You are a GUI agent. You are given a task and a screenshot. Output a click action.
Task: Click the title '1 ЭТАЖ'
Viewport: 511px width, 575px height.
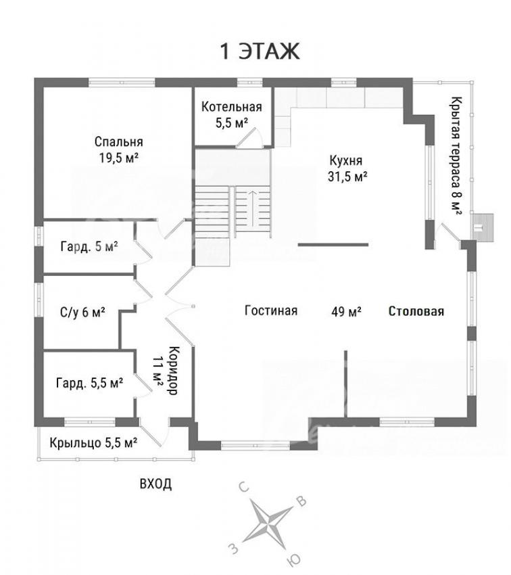[x=260, y=51]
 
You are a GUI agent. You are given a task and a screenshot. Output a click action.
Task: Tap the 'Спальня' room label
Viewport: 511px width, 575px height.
[x=118, y=141]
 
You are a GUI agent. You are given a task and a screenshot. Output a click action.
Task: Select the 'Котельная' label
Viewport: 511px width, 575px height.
[x=232, y=107]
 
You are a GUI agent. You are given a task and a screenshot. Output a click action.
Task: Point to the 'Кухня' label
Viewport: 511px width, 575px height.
[x=346, y=160]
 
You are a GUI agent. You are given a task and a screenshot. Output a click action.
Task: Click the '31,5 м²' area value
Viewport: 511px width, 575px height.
[x=347, y=177]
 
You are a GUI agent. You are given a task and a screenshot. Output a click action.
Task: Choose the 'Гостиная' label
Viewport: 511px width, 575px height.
[x=271, y=310]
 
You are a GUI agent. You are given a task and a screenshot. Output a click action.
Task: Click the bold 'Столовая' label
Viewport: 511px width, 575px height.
[x=416, y=311]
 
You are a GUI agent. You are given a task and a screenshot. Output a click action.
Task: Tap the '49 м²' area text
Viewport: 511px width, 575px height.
[x=346, y=311]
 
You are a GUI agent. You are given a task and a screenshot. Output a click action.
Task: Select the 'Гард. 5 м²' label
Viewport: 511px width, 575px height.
[x=89, y=246]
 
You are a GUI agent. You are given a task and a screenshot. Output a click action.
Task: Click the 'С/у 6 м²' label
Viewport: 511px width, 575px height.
[x=82, y=313]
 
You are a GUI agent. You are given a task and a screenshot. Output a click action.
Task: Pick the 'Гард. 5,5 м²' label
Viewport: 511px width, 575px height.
[x=89, y=383]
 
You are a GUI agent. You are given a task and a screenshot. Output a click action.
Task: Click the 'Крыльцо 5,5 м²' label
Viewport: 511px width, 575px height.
[x=93, y=442]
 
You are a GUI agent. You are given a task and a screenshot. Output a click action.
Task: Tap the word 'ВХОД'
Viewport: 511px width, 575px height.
[x=155, y=484]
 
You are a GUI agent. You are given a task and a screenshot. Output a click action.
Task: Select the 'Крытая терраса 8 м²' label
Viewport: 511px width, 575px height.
[x=456, y=156]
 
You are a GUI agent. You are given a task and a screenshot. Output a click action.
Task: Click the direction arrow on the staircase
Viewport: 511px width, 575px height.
[x=253, y=208]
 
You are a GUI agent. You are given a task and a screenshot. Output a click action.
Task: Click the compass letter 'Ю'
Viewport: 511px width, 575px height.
[x=295, y=559]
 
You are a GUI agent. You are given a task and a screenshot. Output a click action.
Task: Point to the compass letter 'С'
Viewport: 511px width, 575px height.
[x=244, y=487]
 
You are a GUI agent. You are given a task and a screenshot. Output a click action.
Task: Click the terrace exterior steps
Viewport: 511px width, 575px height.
[x=482, y=227]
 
